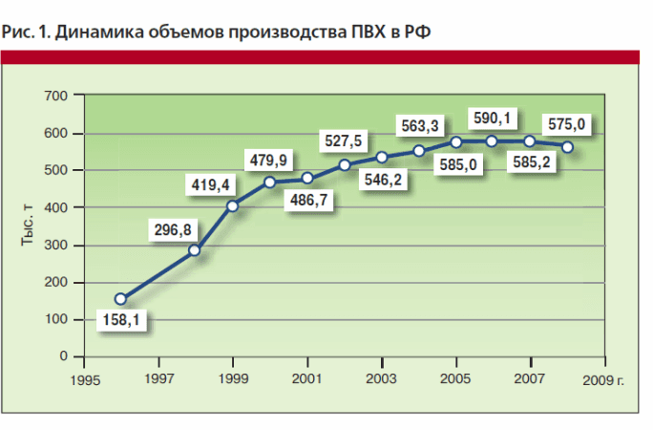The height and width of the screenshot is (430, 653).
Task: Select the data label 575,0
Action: point(566,123)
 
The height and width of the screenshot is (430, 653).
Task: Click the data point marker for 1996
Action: point(120,299)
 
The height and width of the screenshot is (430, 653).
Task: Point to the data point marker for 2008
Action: point(567,147)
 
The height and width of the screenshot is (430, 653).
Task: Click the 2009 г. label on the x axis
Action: point(606,379)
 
